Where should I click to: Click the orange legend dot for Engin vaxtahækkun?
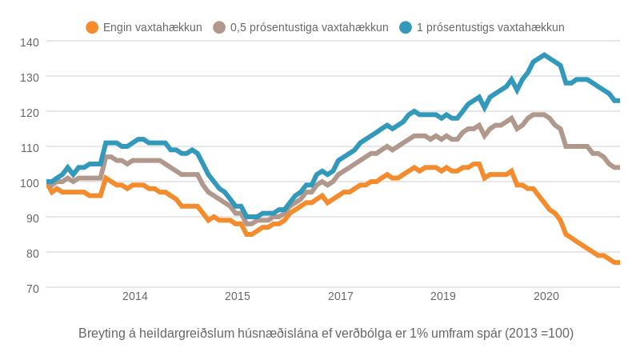click(92, 27)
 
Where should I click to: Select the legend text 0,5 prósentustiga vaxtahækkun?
click(309, 27)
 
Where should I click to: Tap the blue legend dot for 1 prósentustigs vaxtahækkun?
click(406, 27)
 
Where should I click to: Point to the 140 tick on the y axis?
click(30, 41)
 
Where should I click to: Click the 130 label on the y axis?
click(30, 77)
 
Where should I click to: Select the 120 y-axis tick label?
click(30, 112)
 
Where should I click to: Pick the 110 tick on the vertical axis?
click(30, 147)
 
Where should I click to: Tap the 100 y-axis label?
click(30, 182)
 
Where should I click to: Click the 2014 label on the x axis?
click(135, 296)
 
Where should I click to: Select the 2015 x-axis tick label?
click(238, 296)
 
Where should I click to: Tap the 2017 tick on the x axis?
click(341, 296)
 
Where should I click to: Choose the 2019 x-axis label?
click(443, 296)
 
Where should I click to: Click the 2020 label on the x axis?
click(546, 296)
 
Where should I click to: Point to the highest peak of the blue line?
click(544, 55)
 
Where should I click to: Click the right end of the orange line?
click(618, 262)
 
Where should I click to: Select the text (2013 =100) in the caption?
click(539, 333)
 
